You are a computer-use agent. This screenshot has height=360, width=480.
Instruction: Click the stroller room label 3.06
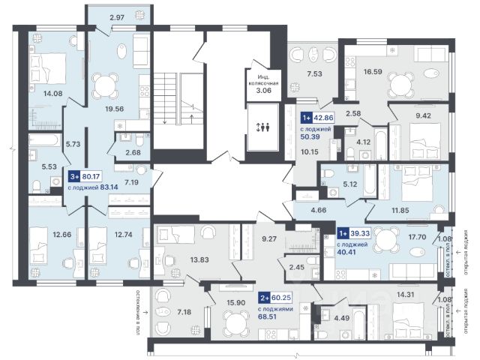coord(265,88)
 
